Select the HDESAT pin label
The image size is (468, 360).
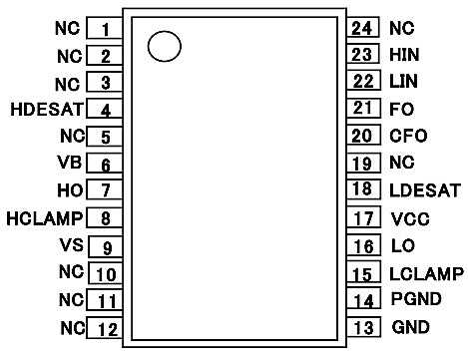click(47, 110)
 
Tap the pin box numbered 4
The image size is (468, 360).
click(105, 108)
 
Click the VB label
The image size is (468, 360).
click(70, 163)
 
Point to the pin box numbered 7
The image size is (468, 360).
click(105, 188)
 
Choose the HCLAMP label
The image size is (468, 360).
click(45, 218)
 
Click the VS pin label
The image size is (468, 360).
click(72, 245)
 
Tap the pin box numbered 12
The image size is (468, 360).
click(105, 328)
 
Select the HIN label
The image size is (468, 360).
click(404, 55)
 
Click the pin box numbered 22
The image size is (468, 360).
click(363, 81)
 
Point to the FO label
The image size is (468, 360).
click(402, 109)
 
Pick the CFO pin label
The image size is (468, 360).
click(408, 136)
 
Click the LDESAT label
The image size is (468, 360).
click(425, 190)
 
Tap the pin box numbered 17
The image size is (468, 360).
click(363, 216)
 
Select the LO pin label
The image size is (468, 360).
click(403, 246)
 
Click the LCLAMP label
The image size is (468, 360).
click(426, 274)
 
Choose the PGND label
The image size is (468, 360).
click(416, 298)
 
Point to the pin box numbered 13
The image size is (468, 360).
click(363, 327)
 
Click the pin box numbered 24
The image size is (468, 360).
click(363, 27)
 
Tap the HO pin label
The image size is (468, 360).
click(70, 190)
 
